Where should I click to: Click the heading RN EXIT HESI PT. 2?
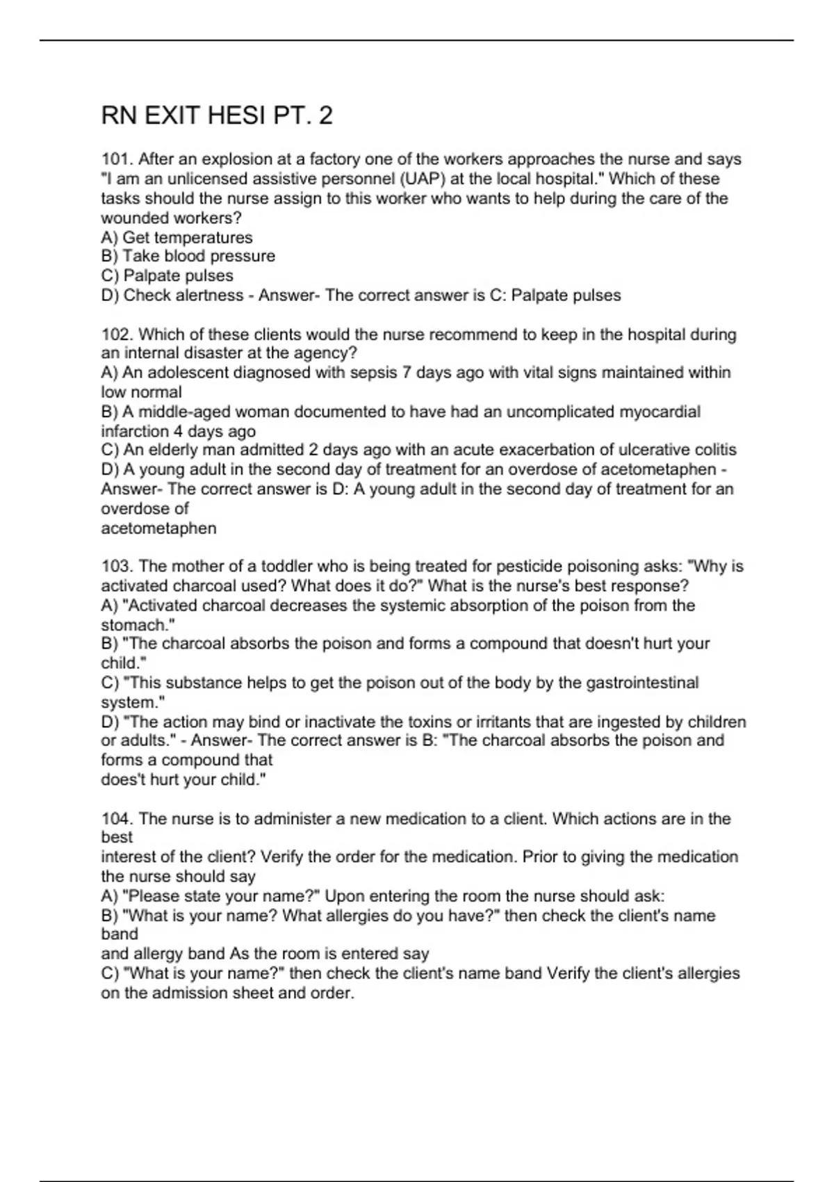tap(217, 115)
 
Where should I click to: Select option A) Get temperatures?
tap(177, 237)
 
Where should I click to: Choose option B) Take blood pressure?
tap(188, 256)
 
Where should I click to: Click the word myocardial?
tap(660, 412)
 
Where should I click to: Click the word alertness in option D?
tap(209, 295)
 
